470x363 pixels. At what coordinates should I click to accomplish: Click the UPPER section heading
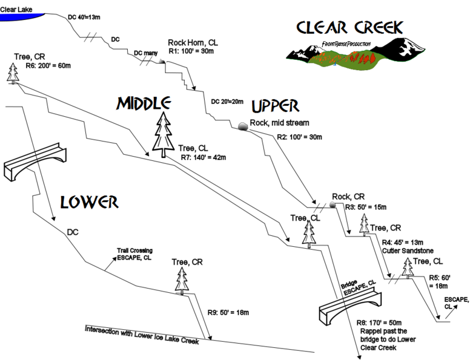[275, 106]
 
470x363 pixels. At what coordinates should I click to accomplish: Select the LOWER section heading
[88, 202]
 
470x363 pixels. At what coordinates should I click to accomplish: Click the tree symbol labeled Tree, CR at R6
[13, 72]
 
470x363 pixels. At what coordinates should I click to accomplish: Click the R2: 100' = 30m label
[298, 136]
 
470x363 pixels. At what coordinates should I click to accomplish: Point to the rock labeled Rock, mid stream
[242, 125]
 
